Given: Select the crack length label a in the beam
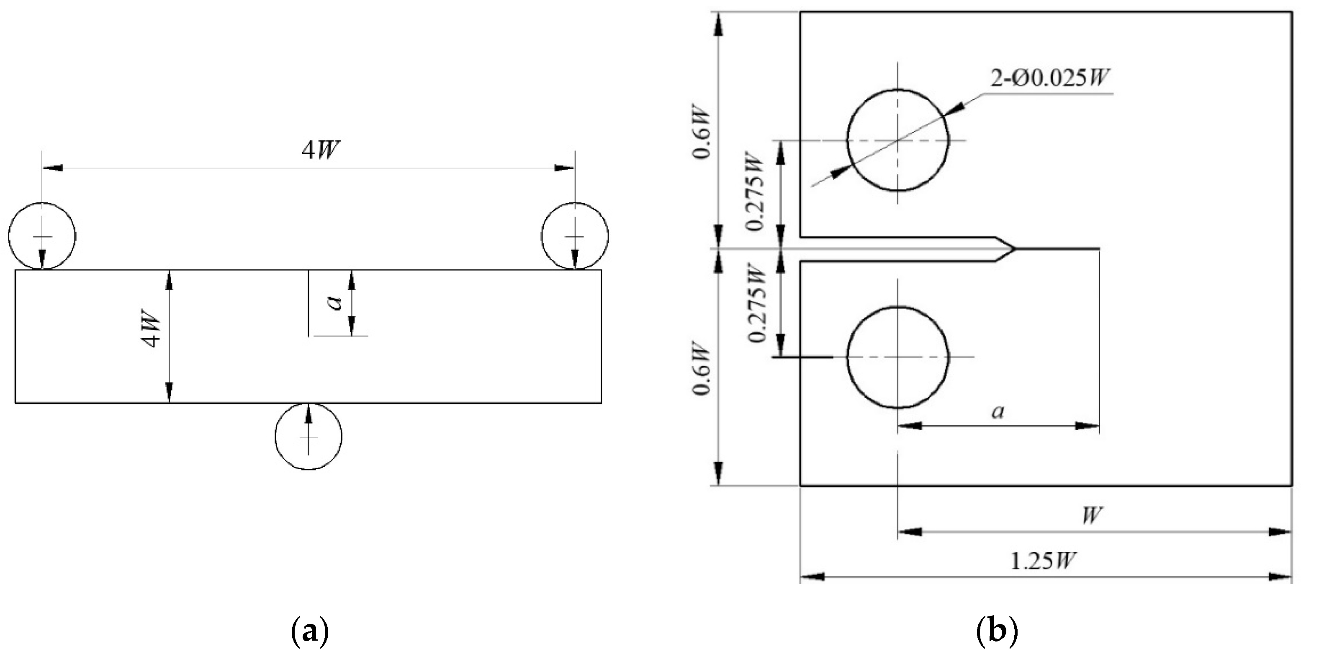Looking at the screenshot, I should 335,303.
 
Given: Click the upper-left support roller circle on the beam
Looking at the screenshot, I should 42,236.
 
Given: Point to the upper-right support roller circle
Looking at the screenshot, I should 575,236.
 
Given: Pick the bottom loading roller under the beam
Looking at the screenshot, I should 308,437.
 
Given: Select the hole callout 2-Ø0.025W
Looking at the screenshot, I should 1050,79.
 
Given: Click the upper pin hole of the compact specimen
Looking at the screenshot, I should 897,140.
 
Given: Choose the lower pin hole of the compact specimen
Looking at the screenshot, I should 897,357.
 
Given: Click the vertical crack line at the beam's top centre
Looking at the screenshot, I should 308,303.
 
